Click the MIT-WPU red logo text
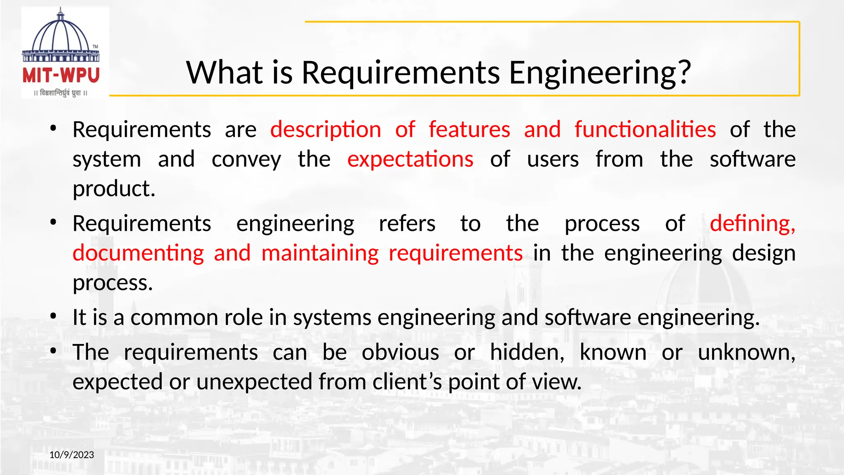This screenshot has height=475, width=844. [x=61, y=75]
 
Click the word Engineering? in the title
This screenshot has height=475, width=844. [x=600, y=73]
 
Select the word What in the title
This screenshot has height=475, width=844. [x=225, y=73]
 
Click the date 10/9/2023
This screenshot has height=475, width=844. [x=72, y=455]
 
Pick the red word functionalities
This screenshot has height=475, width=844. [x=645, y=129]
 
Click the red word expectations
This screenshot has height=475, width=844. [x=410, y=159]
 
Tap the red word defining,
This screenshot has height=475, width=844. [x=753, y=223]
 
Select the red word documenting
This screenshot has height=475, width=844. [x=138, y=253]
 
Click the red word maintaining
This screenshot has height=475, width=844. [x=320, y=253]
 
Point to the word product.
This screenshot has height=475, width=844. [x=114, y=189]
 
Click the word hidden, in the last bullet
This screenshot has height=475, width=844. [x=527, y=353]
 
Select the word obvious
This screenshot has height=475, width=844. [x=400, y=353]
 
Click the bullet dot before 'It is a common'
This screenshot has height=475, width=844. [x=53, y=317]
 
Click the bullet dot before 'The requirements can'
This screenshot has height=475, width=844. [x=53, y=351]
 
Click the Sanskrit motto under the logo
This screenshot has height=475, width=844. [x=61, y=93]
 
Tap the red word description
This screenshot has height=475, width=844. [x=326, y=129]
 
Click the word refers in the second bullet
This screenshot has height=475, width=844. [x=407, y=223]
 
